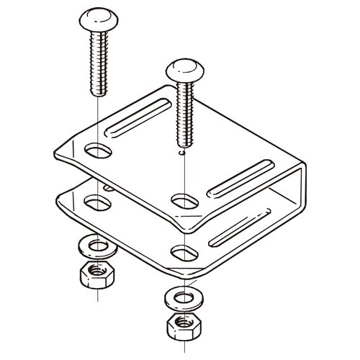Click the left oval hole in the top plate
click(x=96, y=152)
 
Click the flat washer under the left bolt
click(x=95, y=246)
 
